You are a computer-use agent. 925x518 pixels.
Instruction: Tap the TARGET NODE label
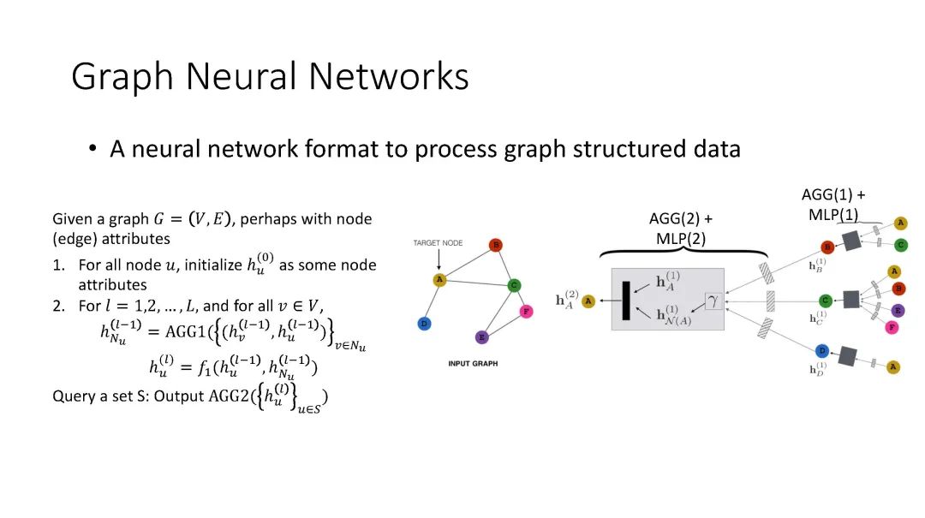click(438, 243)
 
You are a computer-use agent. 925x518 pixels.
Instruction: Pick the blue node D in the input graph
click(423, 323)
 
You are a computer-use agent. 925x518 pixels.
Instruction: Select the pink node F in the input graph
click(526, 313)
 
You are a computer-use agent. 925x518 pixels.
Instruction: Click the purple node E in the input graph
click(481, 336)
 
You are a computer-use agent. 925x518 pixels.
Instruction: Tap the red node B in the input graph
click(495, 246)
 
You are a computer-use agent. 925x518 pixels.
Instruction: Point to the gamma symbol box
click(713, 301)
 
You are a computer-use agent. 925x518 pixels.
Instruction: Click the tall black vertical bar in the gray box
click(626, 301)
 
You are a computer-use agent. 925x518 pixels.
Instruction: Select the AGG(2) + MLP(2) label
click(681, 229)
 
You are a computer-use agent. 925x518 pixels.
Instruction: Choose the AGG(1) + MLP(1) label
click(833, 205)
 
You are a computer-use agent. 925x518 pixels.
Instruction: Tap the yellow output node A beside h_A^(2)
click(588, 301)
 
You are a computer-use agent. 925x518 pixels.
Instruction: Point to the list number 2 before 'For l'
click(59, 306)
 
